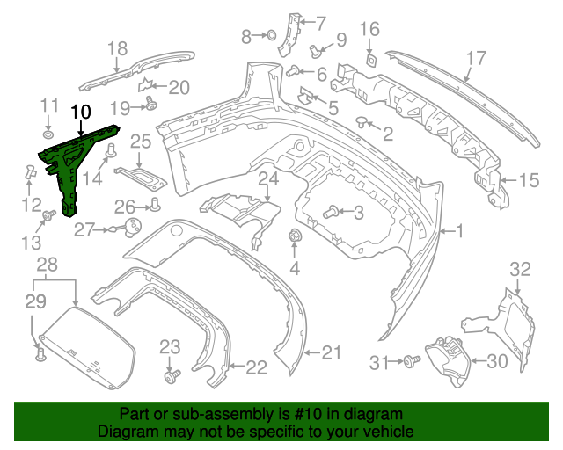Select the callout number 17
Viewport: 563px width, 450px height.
(476, 60)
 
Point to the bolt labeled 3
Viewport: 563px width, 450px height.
(332, 212)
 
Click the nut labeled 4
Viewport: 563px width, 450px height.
(296, 235)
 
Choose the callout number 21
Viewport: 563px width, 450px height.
(330, 353)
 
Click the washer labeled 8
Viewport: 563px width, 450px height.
(271, 36)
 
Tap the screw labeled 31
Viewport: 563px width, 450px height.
(409, 360)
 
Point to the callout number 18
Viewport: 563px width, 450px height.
(117, 49)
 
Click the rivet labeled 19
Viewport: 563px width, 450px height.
(150, 106)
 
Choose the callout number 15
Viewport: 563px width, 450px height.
(528, 181)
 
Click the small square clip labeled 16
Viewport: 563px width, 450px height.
(370, 59)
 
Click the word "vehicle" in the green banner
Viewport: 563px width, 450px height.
(384, 432)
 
